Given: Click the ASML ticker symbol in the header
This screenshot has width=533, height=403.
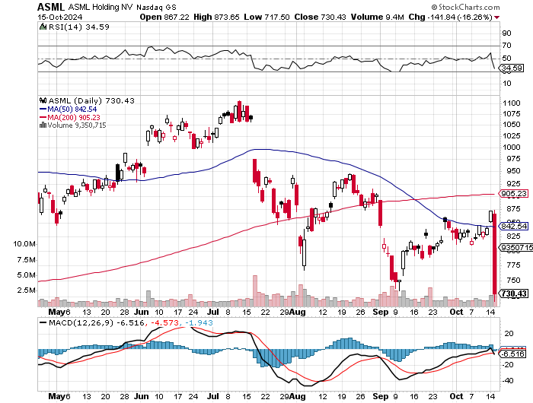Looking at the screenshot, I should point(50,7).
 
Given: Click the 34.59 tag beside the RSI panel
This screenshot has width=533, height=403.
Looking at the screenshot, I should point(509,68).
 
